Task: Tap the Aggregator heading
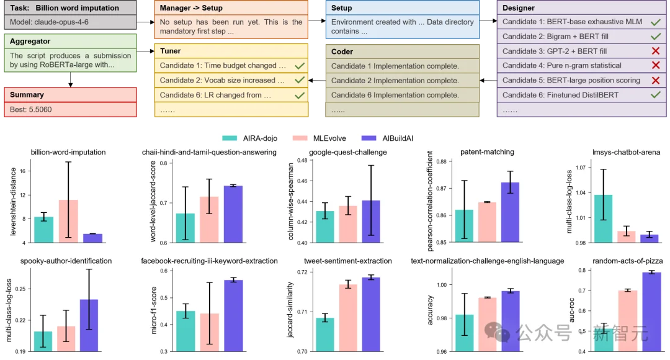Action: [x=32, y=41]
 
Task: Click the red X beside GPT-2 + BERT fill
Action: [x=654, y=51]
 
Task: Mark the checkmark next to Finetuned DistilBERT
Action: [x=654, y=95]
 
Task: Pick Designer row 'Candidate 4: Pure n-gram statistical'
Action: [x=561, y=66]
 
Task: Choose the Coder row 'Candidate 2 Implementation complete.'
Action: [x=395, y=81]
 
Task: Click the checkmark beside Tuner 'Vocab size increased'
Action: [x=300, y=80]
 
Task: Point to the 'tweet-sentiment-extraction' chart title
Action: [x=347, y=261]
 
